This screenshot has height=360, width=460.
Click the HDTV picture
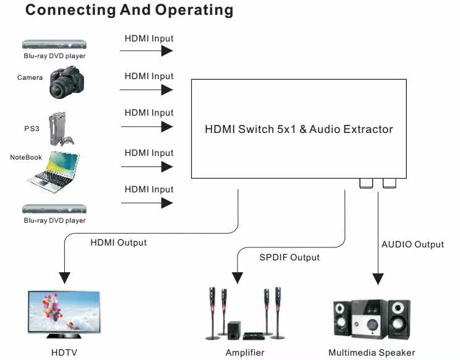click(x=64, y=312)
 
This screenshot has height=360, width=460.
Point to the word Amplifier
click(x=245, y=353)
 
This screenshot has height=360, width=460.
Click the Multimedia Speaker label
click(x=372, y=353)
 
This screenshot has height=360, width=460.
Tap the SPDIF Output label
click(x=289, y=257)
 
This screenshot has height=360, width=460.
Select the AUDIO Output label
click(x=413, y=244)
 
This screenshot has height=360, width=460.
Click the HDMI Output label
click(x=119, y=242)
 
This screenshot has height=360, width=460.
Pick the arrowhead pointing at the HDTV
click(x=64, y=278)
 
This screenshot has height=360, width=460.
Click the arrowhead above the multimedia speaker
click(x=378, y=279)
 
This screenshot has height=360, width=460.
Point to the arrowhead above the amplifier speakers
click(x=237, y=278)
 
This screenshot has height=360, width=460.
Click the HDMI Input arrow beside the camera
click(x=147, y=90)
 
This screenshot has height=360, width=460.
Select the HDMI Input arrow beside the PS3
click(x=147, y=127)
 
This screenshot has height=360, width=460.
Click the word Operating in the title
click(x=194, y=10)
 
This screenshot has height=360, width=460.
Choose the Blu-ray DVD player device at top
click(x=54, y=45)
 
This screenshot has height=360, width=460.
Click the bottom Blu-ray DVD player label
click(x=54, y=220)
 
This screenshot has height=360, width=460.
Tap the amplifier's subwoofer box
click(x=234, y=330)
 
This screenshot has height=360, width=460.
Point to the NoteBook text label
click(x=26, y=157)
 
